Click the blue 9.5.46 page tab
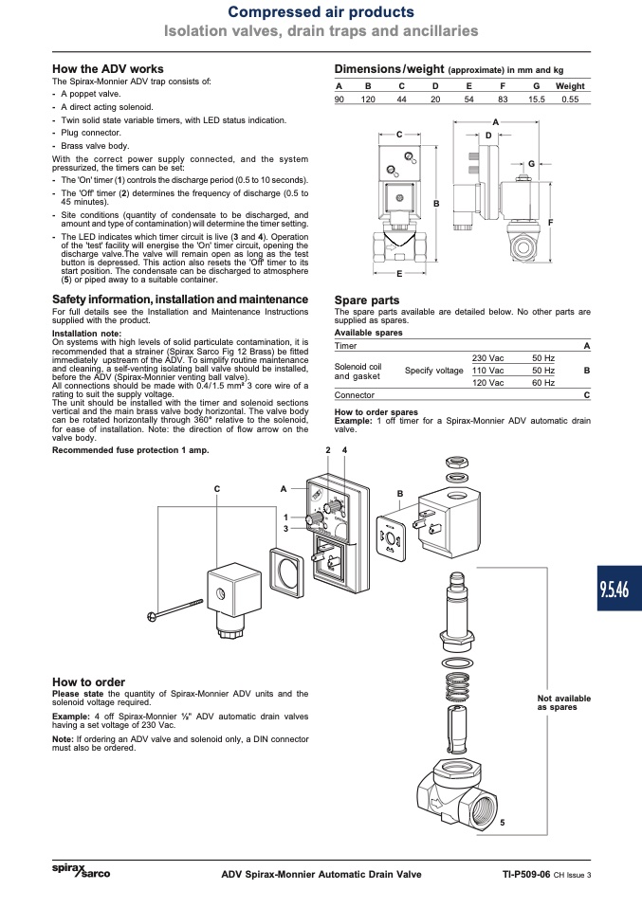[x=619, y=588]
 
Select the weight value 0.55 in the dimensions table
[x=570, y=99]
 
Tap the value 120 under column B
[x=368, y=99]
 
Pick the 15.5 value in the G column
[x=537, y=99]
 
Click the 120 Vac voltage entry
[x=487, y=383]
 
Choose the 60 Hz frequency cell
[x=543, y=383]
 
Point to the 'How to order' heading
[x=88, y=682]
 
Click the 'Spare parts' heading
[x=367, y=300]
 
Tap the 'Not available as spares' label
[x=564, y=702]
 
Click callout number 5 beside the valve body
[x=503, y=823]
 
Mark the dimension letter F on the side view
[x=550, y=223]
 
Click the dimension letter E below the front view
[x=399, y=274]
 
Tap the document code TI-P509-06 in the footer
[x=526, y=875]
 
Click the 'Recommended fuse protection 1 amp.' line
[x=130, y=450]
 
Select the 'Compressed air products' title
[x=321, y=11]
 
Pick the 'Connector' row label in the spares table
[x=355, y=395]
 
